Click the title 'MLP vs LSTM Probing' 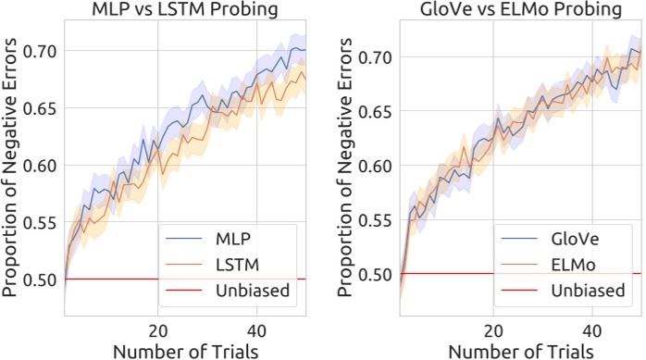point(185,11)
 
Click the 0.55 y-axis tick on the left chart point(43,222)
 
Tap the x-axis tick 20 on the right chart point(494,330)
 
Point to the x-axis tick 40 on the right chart point(594,330)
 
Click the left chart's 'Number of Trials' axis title point(185,350)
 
